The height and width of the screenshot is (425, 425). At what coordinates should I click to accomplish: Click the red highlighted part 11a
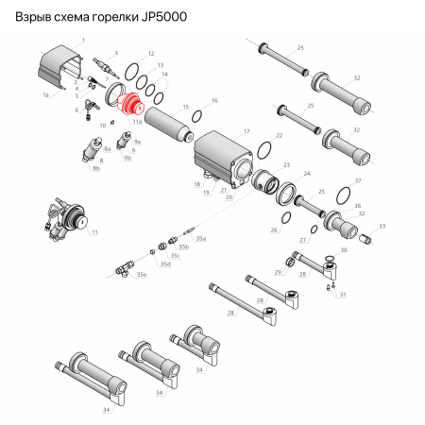[135, 103]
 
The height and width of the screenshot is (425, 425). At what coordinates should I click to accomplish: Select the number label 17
[246, 131]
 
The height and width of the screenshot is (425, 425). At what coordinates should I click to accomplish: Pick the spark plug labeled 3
[102, 67]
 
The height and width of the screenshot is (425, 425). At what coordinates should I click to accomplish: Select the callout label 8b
[96, 167]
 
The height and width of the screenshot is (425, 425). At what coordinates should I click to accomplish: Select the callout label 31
[342, 295]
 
